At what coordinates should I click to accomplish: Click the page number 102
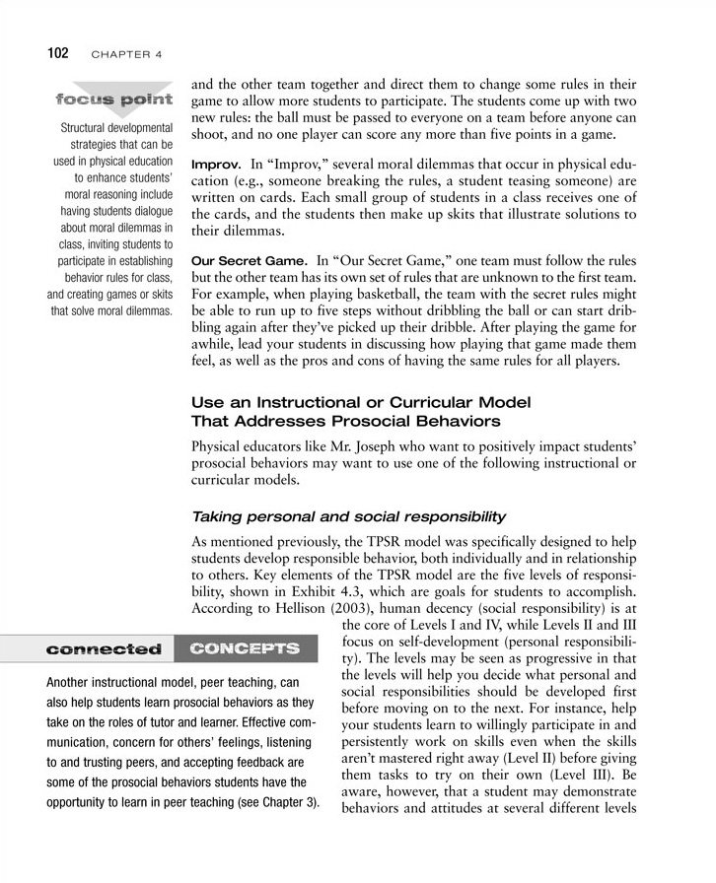click(x=52, y=53)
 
